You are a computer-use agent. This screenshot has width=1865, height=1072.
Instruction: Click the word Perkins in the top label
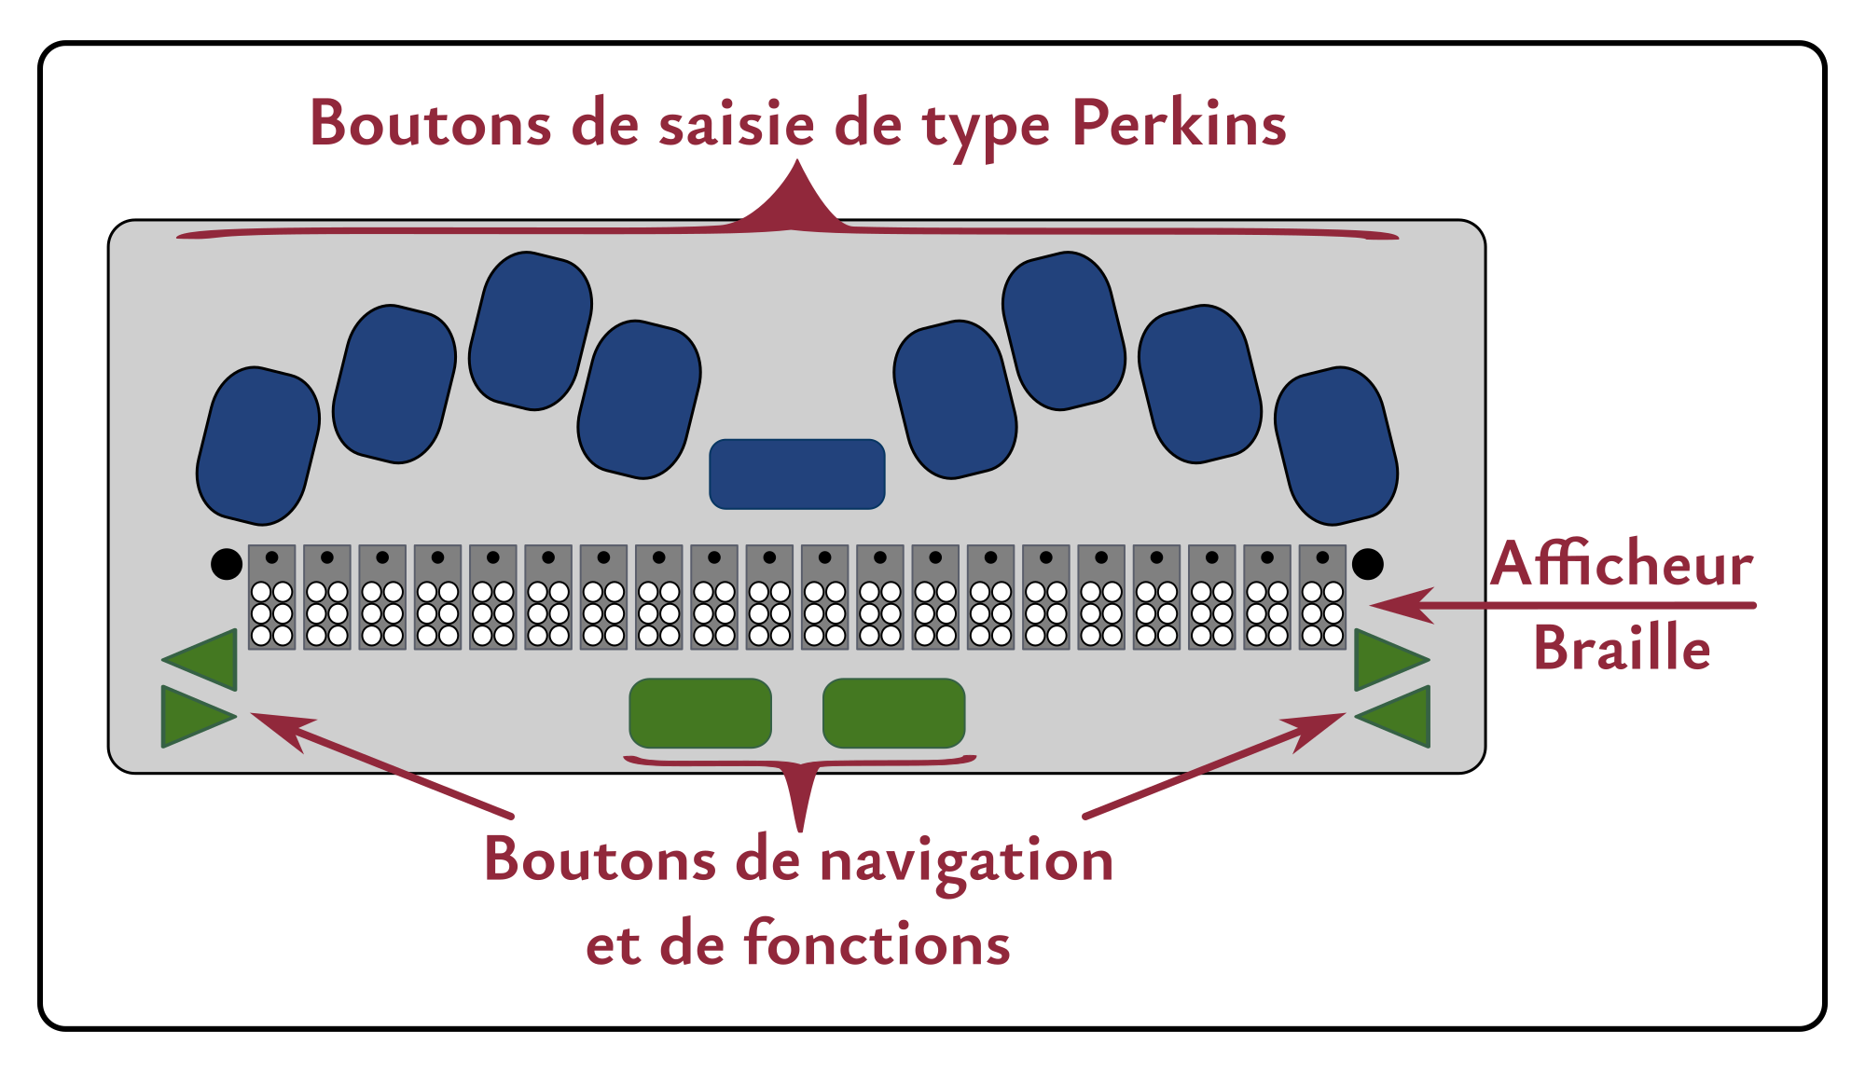click(1179, 124)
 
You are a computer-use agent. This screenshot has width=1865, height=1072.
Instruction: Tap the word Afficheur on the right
click(1622, 565)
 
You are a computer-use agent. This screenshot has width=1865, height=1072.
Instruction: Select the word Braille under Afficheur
click(1622, 649)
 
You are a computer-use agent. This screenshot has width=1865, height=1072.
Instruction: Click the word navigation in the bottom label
click(966, 860)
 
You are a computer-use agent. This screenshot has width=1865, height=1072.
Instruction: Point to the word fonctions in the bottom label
click(877, 943)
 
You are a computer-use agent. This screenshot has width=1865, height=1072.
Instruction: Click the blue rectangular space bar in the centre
click(796, 474)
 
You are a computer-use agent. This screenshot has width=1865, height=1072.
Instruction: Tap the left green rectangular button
click(700, 713)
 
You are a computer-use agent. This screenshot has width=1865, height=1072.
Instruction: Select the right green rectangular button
click(893, 713)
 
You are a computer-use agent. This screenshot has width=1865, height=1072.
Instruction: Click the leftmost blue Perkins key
click(258, 446)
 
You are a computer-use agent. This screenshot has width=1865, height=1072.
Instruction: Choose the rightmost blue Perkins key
click(1335, 446)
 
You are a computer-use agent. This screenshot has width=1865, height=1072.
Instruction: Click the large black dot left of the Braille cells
click(227, 564)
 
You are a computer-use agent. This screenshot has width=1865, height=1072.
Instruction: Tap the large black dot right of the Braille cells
click(1367, 564)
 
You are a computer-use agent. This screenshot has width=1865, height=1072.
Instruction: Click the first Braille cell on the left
click(272, 598)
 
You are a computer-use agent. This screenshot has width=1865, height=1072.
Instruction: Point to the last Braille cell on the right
click(1322, 598)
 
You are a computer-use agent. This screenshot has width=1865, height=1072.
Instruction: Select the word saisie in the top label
click(737, 124)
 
